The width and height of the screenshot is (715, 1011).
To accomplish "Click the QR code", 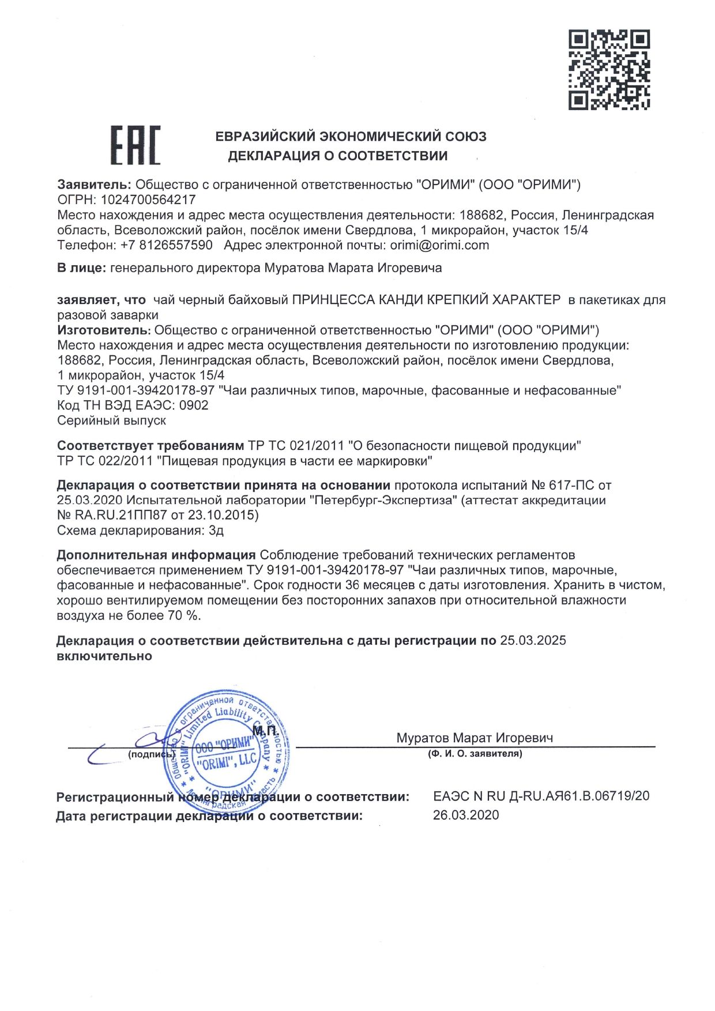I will click(609, 70).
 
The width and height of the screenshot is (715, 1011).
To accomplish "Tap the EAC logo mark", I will click(135, 145).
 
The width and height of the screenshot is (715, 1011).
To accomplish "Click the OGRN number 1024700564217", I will click(148, 200).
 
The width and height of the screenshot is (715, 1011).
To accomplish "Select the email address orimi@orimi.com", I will click(439, 245).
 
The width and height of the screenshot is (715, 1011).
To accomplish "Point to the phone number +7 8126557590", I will click(166, 245).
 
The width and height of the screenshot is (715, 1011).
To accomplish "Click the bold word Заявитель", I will click(95, 185).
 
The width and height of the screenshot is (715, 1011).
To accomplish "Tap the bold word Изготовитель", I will click(104, 330).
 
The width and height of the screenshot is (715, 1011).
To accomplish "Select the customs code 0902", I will click(194, 405).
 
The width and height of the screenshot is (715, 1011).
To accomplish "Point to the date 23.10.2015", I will click(223, 515).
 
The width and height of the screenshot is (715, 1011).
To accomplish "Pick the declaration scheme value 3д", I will click(216, 530).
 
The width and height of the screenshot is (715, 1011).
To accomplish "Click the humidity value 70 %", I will click(184, 615).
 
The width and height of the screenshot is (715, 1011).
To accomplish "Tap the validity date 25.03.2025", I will click(533, 640).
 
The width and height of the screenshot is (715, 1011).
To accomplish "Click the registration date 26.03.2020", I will click(466, 815).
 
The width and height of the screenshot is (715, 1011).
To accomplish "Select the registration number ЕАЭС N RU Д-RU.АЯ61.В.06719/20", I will click(541, 796).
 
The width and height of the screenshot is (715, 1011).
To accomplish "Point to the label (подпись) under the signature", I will click(150, 754).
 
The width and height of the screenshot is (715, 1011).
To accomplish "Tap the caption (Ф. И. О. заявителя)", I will click(475, 754).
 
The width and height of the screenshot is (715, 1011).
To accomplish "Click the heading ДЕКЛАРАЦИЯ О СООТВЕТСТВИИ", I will click(337, 156).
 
